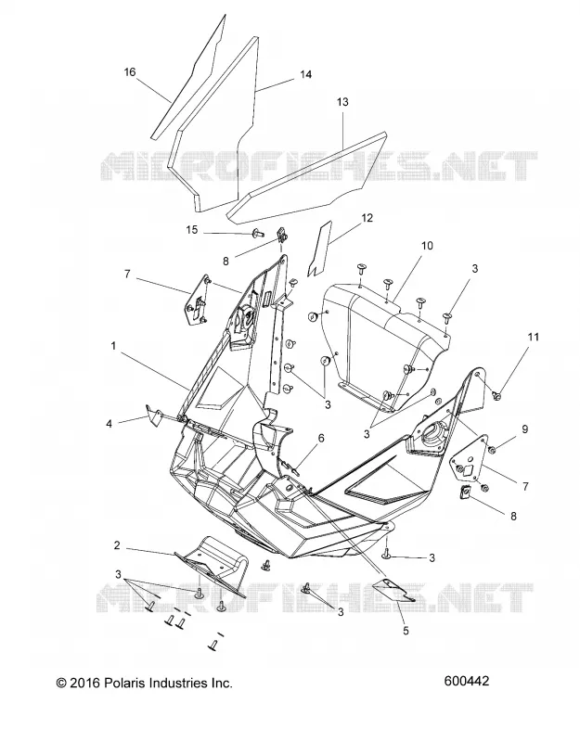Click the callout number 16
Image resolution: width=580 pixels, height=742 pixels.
[130, 72]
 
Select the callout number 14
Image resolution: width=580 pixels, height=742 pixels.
[306, 74]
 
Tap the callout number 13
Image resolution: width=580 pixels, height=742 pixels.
[342, 102]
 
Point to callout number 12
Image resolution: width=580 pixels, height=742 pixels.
[367, 218]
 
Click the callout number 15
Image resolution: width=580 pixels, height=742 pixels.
[192, 230]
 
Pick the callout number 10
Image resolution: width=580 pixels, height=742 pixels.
[427, 246]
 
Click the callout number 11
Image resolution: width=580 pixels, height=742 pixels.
[534, 337]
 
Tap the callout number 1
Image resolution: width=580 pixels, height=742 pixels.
[113, 346]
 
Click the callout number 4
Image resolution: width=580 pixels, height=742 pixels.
[110, 424]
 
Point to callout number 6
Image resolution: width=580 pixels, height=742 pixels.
[321, 438]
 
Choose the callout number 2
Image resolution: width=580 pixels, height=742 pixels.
[117, 545]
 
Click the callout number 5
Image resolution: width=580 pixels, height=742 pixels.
[406, 631]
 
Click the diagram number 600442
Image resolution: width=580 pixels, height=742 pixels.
[467, 681]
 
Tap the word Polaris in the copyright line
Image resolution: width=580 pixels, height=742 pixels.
[123, 683]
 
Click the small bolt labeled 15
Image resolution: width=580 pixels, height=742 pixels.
[258, 233]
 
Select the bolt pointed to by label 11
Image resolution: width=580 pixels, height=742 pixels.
[497, 395]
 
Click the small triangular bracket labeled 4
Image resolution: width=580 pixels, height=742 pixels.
[152, 415]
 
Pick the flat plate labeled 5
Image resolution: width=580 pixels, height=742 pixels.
[393, 590]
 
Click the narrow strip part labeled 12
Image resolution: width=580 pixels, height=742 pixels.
[318, 249]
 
